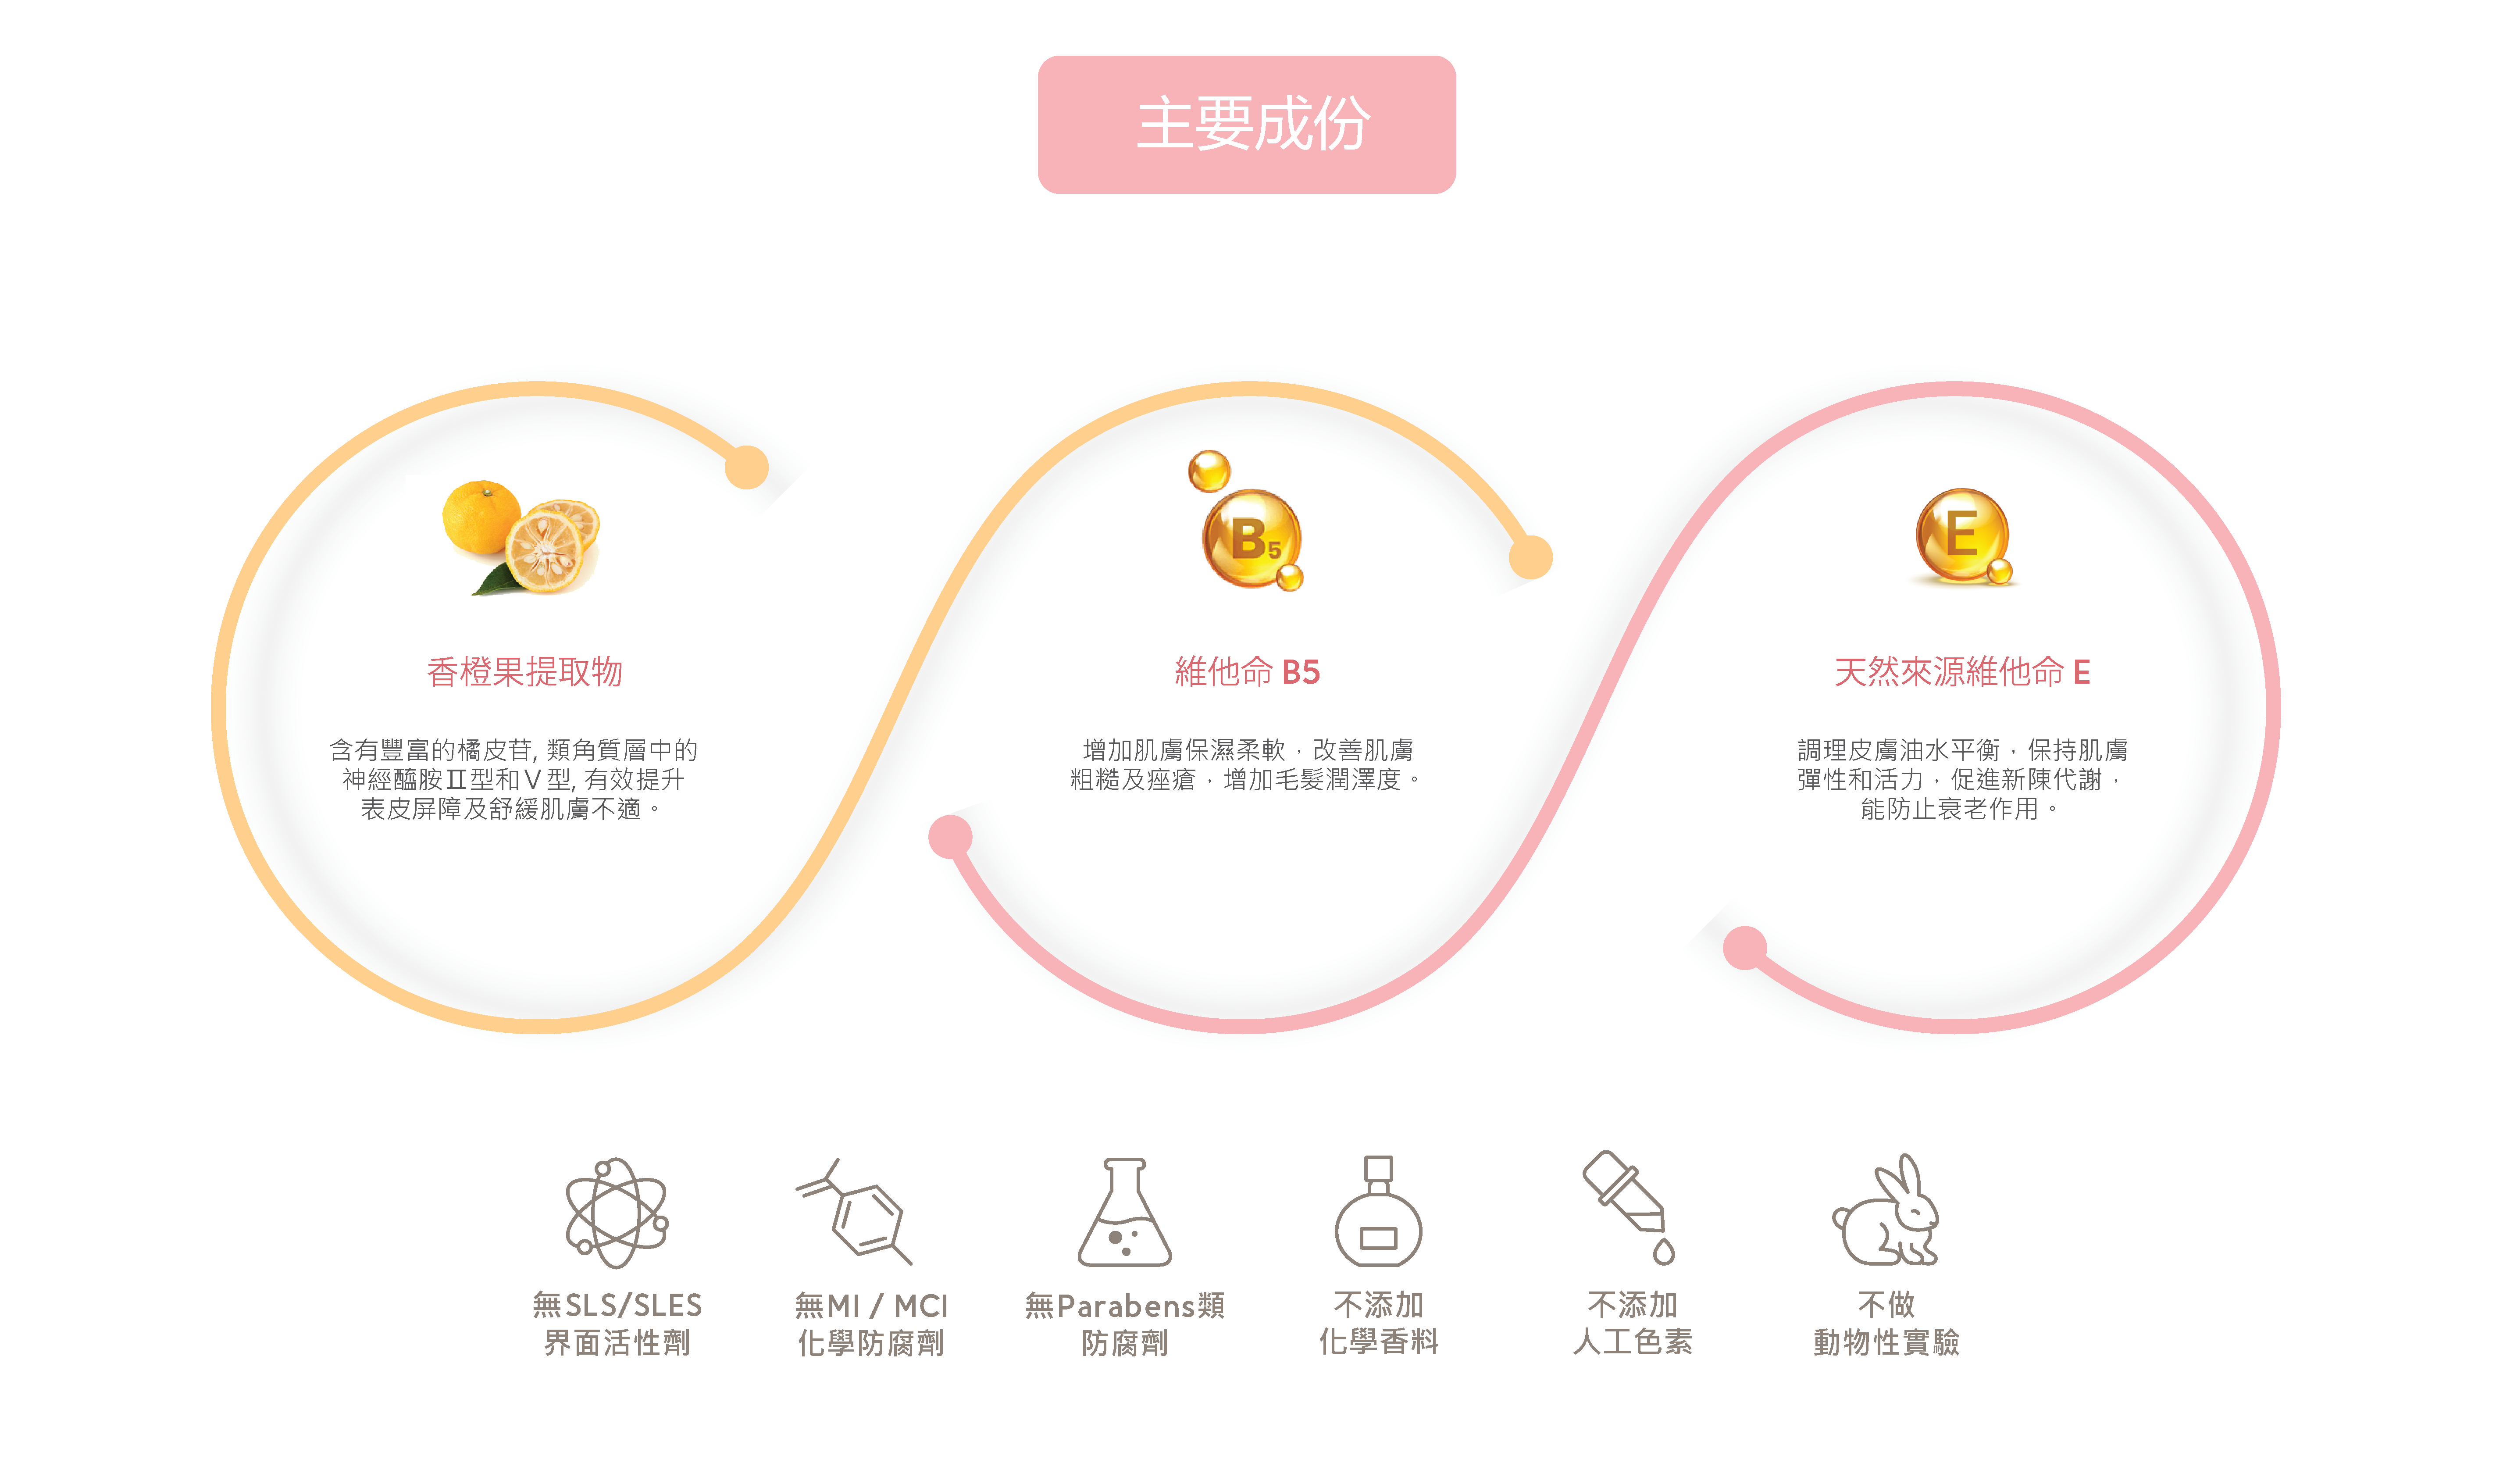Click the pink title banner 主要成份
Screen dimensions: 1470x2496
[1246, 125]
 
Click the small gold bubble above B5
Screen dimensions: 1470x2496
[1209, 471]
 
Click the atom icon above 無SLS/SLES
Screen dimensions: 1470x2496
[616, 1213]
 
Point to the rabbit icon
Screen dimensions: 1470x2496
[1887, 1213]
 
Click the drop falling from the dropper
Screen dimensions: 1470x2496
[1664, 1253]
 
